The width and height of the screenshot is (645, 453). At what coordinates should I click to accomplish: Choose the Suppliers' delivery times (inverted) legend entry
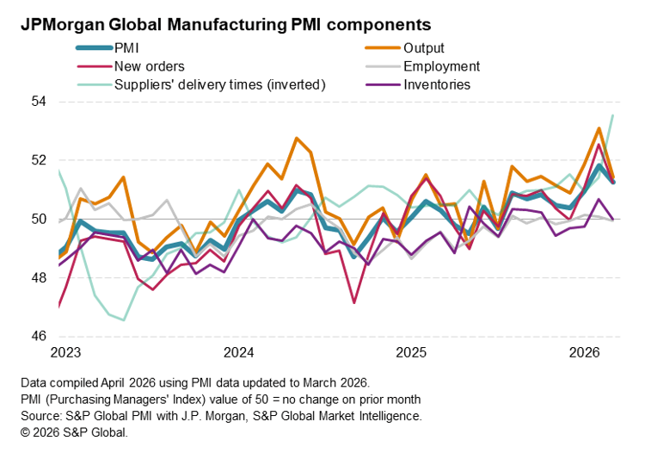219,84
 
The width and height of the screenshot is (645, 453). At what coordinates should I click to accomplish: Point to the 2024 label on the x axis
238,352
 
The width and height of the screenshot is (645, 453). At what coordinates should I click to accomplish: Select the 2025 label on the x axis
412,352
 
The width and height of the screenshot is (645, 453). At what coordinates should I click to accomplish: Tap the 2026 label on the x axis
586,352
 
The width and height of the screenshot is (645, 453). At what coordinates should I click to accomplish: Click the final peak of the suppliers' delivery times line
612,115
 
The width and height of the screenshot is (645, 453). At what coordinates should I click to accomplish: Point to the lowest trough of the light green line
124,320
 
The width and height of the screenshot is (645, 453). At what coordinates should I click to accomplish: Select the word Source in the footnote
38,416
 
